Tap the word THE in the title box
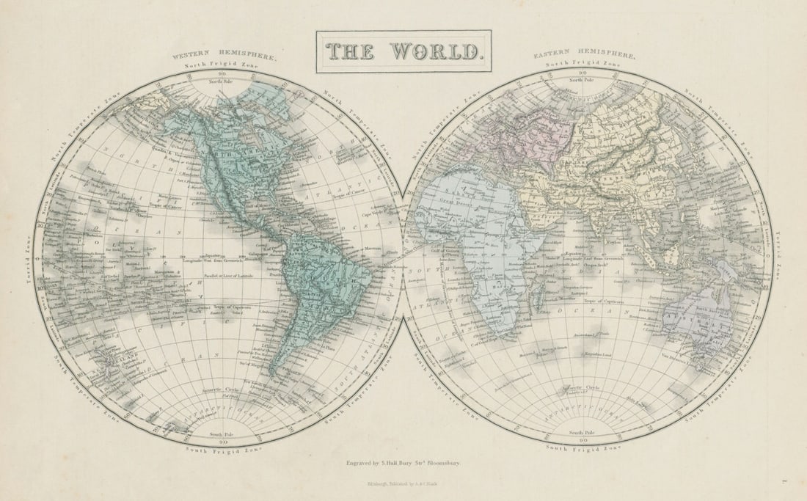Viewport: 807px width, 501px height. (x=351, y=51)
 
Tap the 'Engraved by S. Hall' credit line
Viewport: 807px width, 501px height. (x=403, y=464)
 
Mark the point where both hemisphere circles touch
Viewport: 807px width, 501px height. (x=403, y=257)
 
